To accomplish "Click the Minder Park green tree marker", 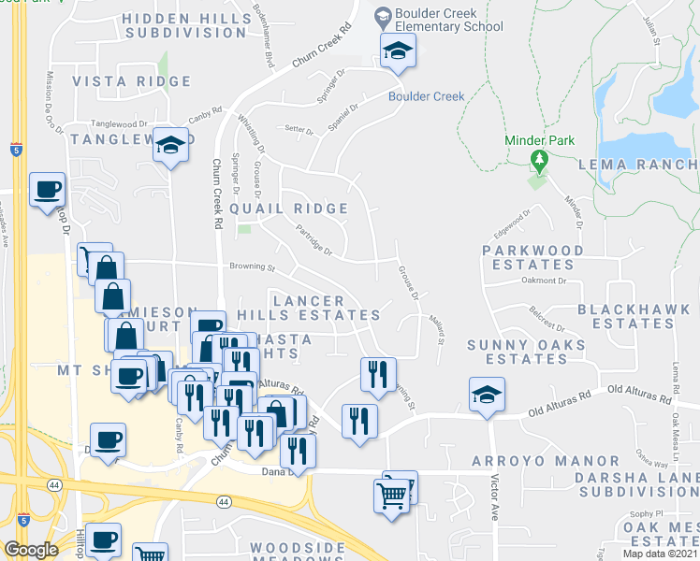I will click(x=538, y=161).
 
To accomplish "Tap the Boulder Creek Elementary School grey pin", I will click(x=382, y=16).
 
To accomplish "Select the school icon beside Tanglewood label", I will click(x=170, y=146).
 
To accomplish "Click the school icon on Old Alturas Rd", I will click(x=487, y=396).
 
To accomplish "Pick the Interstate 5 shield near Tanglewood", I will click(x=16, y=149).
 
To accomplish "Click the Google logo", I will click(x=32, y=550).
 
